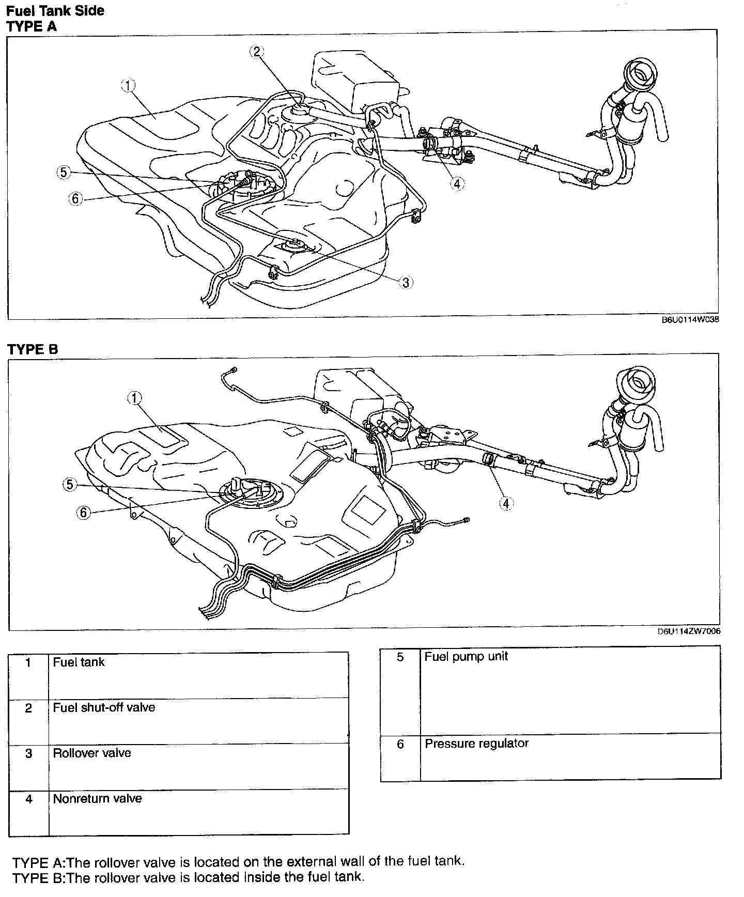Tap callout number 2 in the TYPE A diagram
tap(257, 51)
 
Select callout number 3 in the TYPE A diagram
tap(406, 282)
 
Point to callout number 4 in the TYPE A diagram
tap(457, 183)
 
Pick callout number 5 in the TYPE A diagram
tap(63, 173)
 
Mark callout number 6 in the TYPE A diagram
tap(75, 198)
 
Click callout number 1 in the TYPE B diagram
tap(134, 398)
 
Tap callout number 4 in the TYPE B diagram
tap(506, 503)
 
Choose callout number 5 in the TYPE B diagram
tap(70, 485)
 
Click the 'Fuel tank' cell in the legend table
tap(79, 662)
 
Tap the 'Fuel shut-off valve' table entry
tap(104, 707)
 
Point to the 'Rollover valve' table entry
tap(92, 753)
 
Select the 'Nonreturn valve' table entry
tap(97, 798)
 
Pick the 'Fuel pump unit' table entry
tap(466, 657)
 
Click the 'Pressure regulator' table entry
tap(476, 744)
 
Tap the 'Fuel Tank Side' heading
tap(55, 10)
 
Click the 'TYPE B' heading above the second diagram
tap(33, 349)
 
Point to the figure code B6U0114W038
tap(690, 320)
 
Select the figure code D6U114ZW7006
tap(689, 631)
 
